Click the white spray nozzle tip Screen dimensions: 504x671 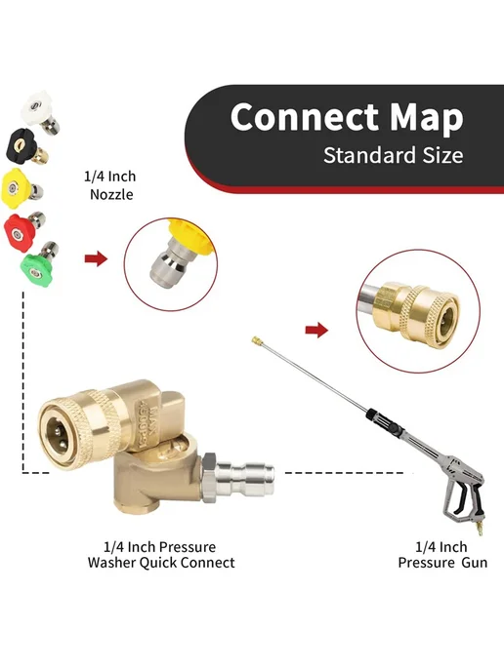point(39,112)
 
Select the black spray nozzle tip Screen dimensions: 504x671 point(25,146)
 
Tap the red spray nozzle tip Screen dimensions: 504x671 point(24,230)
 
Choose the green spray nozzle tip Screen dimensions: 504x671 point(39,264)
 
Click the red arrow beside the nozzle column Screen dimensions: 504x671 point(96,258)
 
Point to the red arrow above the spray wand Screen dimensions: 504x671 point(316,330)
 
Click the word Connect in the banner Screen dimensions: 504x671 point(305,116)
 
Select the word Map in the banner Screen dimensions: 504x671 point(427,118)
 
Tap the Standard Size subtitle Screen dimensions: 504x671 point(393,155)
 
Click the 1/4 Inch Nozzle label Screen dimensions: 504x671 point(110,185)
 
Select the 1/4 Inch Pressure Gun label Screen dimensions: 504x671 point(442,554)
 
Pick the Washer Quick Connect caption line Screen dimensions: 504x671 point(161,562)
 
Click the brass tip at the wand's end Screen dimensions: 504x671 point(256,340)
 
